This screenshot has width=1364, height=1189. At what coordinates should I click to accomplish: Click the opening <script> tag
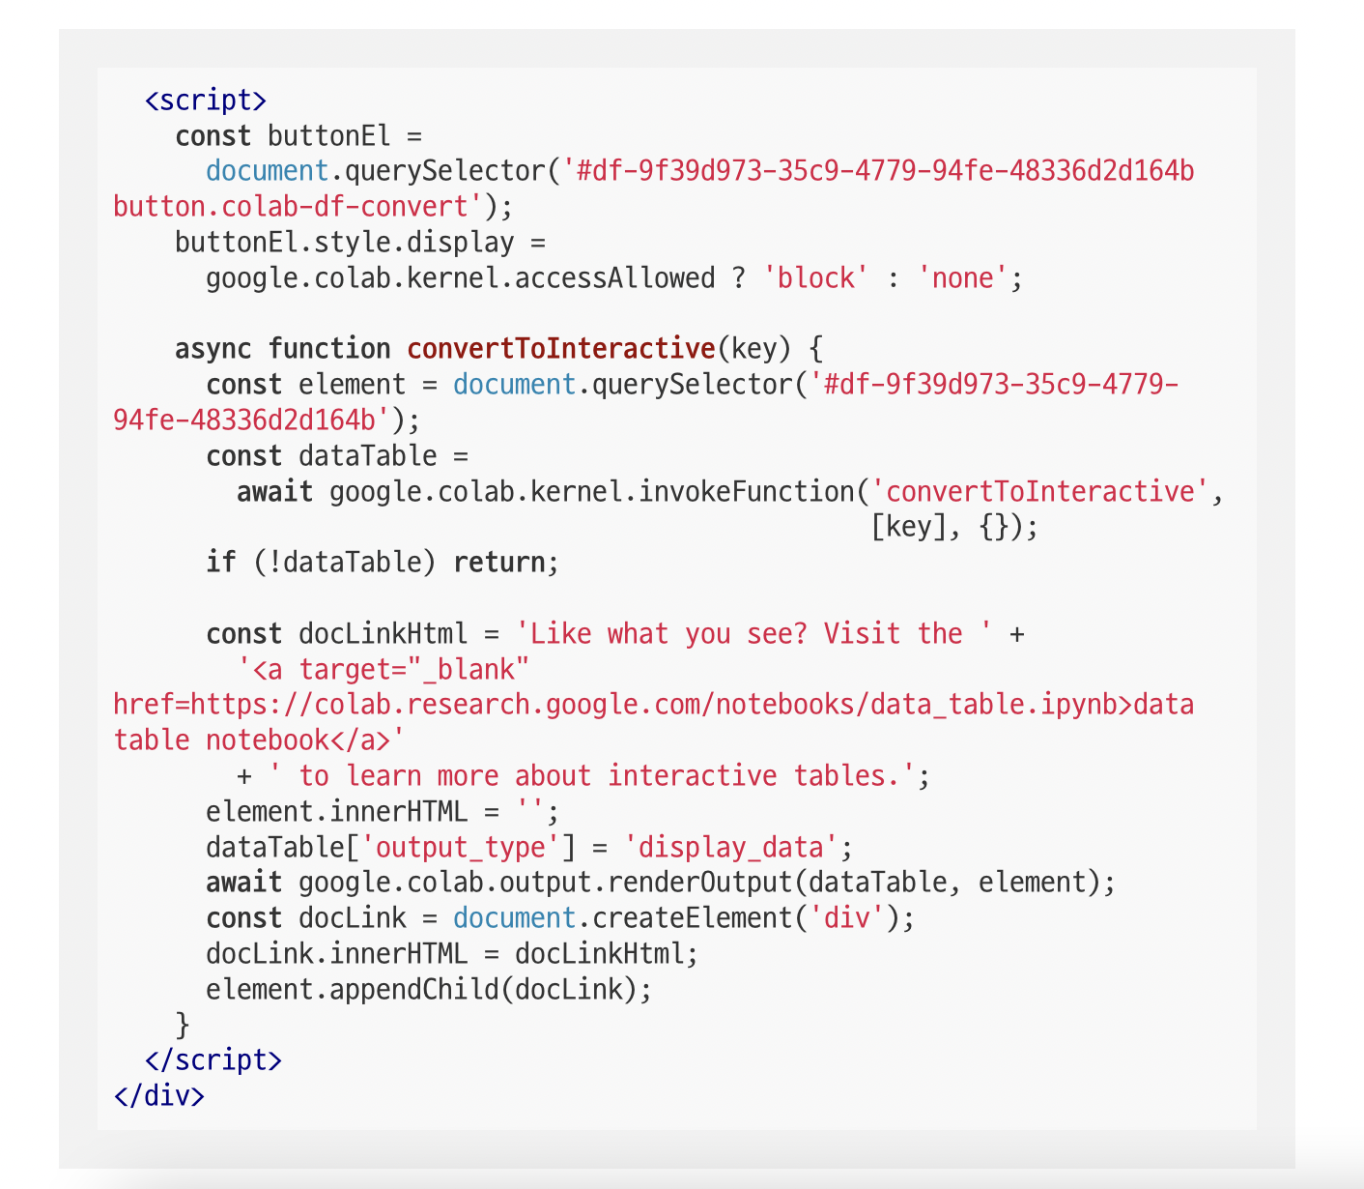[x=205, y=101]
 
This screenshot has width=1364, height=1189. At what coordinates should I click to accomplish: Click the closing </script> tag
[x=213, y=1060]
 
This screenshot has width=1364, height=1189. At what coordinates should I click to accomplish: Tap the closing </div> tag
[x=158, y=1096]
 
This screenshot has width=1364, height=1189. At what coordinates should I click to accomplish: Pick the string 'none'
[x=962, y=278]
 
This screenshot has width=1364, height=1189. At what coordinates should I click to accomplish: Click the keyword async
[x=213, y=349]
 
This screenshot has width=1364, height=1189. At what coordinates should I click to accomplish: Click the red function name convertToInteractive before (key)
[x=560, y=349]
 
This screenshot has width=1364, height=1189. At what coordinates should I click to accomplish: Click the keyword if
[x=220, y=563]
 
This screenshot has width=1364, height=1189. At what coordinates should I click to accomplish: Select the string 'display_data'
[x=730, y=848]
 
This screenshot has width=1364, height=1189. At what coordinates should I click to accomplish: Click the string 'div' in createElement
[x=846, y=918]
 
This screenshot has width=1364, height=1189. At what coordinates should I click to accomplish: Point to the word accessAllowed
[x=614, y=278]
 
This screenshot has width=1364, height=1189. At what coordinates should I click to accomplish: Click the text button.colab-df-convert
[x=298, y=207]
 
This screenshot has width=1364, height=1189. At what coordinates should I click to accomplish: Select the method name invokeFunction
[x=746, y=492]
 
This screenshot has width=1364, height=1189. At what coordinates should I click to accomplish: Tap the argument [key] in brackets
[x=908, y=528]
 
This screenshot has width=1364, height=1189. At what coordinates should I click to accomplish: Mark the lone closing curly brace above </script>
[x=182, y=1025]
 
